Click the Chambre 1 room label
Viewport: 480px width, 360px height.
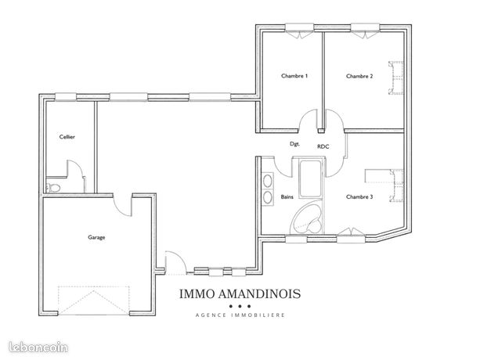pyautogui.click(x=294, y=76)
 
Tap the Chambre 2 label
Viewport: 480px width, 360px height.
pyautogui.click(x=359, y=76)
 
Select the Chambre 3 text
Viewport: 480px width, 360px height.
pyautogui.click(x=359, y=197)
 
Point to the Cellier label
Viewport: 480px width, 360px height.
pyautogui.click(x=67, y=137)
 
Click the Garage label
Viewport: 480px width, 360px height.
pyautogui.click(x=96, y=237)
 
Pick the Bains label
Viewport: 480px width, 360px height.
pyautogui.click(x=287, y=197)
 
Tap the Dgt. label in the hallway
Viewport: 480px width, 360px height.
pyautogui.click(x=294, y=144)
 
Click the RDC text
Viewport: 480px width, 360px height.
pyautogui.click(x=323, y=147)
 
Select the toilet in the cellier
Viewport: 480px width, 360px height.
pyautogui.click(x=52, y=187)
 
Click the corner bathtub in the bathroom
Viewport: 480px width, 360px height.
pyautogui.click(x=306, y=218)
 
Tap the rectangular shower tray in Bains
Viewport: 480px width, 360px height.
pyautogui.click(x=310, y=178)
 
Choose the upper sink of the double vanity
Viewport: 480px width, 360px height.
pyautogui.click(x=268, y=181)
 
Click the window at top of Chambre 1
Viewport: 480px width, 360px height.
pyautogui.click(x=300, y=31)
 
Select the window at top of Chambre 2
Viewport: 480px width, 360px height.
pyautogui.click(x=365, y=31)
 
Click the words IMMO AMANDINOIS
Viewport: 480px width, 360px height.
pyautogui.click(x=240, y=294)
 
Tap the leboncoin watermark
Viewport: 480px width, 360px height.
pyautogui.click(x=38, y=347)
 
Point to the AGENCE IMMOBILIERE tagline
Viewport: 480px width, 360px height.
pyautogui.click(x=240, y=315)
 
